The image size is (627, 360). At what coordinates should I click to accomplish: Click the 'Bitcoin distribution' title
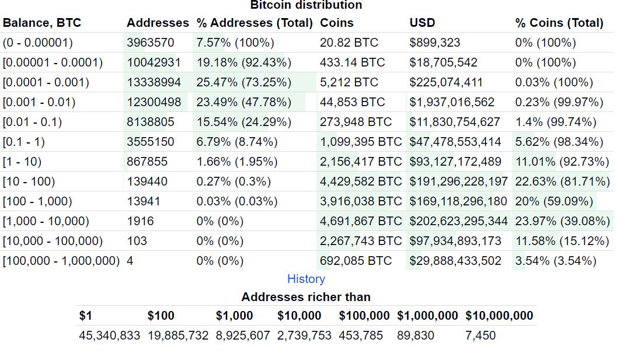306,5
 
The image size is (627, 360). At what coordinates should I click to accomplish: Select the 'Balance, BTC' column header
42,23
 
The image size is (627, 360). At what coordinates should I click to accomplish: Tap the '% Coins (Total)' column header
559,23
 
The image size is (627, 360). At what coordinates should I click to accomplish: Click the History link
306,279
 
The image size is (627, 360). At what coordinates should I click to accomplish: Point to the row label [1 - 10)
22,162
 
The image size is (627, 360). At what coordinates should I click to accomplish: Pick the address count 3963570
150,43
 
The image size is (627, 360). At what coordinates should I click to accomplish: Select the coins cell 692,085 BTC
356,261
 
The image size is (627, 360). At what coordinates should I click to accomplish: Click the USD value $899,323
434,43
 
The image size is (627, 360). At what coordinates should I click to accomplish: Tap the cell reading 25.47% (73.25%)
243,82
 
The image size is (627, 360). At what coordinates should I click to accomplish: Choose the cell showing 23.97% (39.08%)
562,221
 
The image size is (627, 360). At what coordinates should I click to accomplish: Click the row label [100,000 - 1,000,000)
61,261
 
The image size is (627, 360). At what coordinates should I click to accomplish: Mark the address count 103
137,241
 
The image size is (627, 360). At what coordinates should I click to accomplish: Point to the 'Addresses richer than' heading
306,297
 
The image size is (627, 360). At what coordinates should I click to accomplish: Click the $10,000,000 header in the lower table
499,316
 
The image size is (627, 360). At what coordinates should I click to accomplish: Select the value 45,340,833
109,335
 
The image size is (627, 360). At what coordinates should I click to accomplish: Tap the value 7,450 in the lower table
480,335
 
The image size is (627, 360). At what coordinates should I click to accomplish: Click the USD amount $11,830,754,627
455,122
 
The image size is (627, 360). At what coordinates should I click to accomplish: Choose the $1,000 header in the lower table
234,316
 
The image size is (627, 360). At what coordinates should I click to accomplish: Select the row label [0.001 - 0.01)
39,102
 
